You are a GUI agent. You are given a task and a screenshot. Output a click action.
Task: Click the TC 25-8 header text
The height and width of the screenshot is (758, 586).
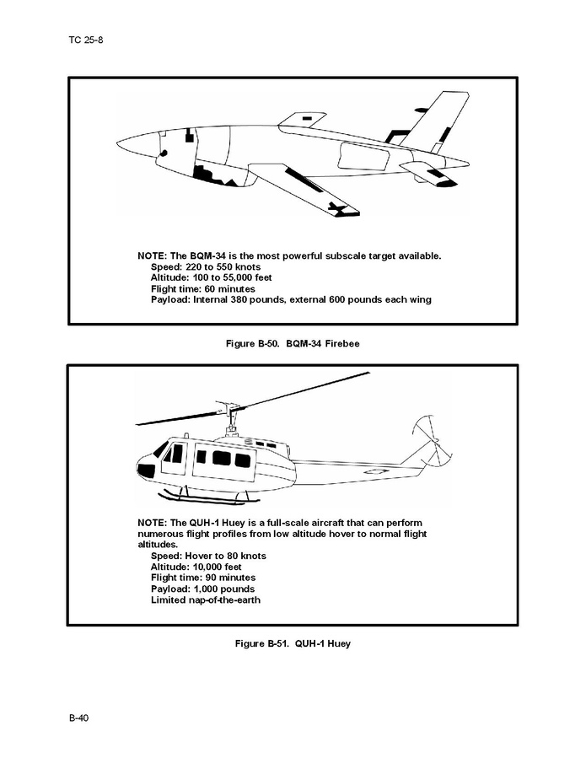point(85,40)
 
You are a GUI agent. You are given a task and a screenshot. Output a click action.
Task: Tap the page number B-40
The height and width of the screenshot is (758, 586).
point(78,718)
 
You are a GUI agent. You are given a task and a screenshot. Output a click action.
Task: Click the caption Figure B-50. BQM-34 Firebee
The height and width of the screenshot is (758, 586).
point(293,344)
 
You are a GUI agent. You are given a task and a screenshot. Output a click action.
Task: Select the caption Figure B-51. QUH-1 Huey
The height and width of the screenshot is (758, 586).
point(293,644)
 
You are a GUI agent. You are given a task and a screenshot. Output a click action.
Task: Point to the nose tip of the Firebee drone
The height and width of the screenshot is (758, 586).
point(117,142)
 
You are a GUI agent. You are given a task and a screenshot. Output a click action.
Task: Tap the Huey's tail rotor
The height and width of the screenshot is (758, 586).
point(432,443)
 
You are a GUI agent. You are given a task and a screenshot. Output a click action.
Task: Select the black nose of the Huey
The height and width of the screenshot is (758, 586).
point(146,469)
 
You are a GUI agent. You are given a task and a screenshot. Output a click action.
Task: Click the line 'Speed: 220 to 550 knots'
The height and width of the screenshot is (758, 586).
point(206,267)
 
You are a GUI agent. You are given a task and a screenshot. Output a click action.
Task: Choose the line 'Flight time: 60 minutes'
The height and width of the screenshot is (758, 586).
point(203,289)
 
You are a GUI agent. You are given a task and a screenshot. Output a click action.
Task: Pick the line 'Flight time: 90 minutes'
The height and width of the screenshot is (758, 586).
point(203,578)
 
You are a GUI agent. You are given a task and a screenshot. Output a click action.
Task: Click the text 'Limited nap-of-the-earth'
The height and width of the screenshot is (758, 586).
point(206,600)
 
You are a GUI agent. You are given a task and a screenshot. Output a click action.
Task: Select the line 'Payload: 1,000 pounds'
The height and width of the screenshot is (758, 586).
point(202,589)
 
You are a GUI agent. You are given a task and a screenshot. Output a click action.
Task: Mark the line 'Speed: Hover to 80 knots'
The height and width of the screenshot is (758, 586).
point(208,556)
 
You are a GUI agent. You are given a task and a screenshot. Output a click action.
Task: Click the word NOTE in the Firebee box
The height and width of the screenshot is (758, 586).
point(152,255)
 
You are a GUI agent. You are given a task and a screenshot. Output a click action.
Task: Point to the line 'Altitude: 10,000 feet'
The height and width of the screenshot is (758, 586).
point(196,567)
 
